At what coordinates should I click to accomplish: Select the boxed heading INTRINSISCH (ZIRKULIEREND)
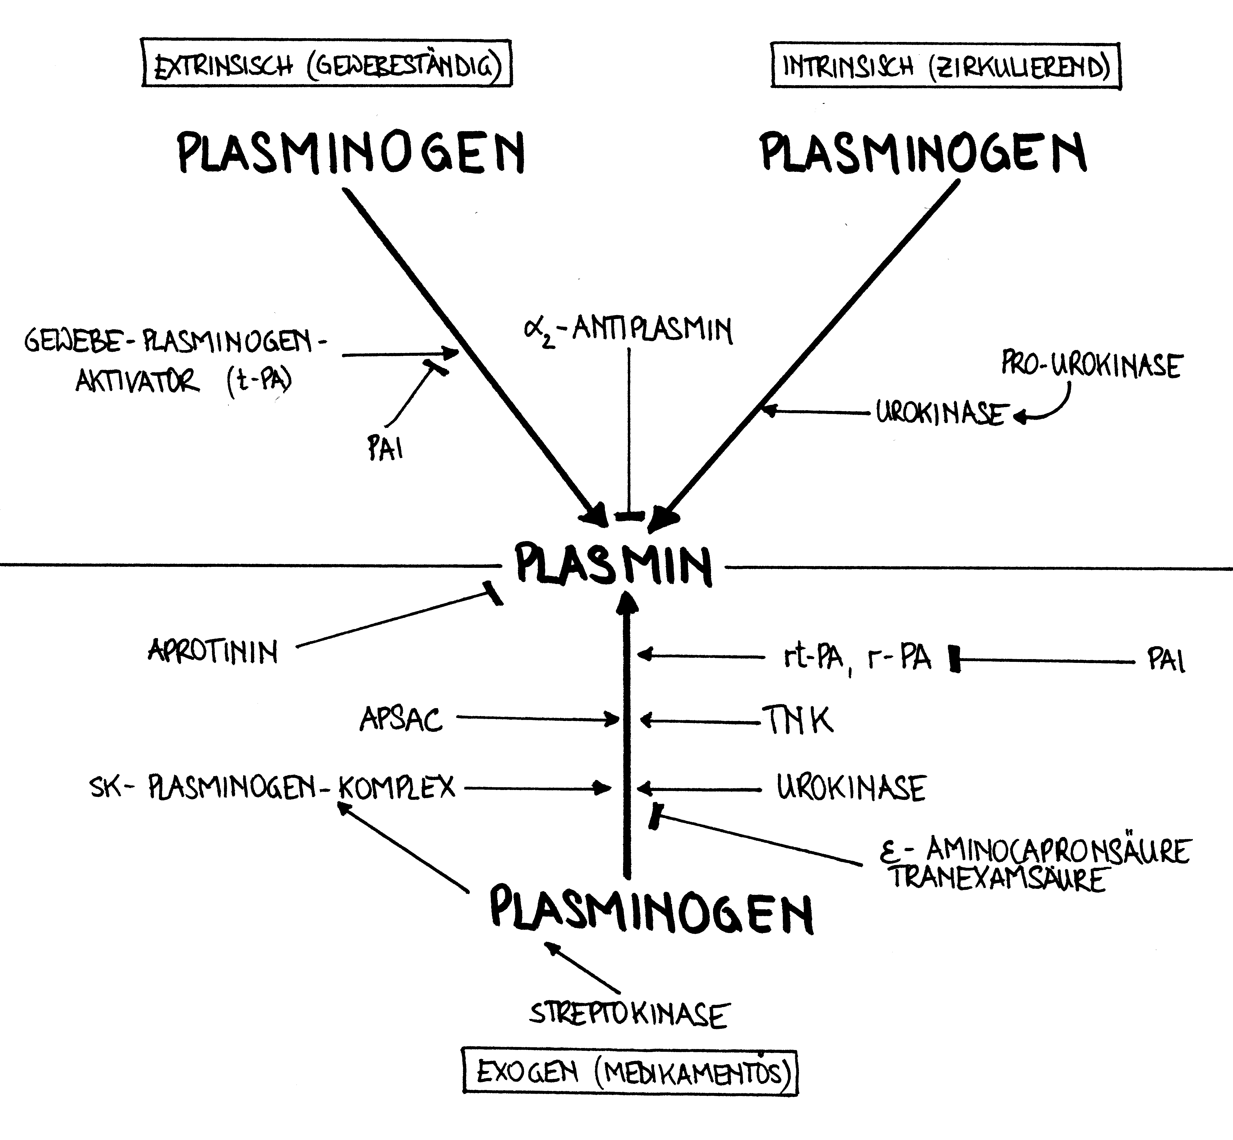(x=945, y=66)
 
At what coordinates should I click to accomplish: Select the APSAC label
(x=401, y=719)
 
